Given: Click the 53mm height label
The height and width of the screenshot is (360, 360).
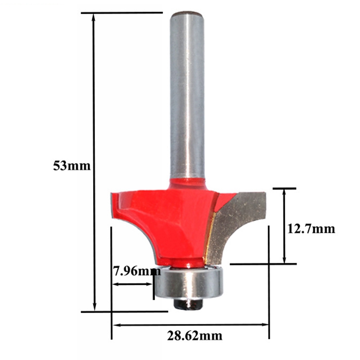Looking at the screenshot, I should [x=72, y=166].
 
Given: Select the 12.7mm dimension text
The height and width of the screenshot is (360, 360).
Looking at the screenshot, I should [x=311, y=229].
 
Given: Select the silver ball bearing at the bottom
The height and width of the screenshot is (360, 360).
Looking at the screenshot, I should [x=189, y=281].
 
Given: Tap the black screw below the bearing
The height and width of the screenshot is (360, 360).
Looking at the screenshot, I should [x=189, y=304].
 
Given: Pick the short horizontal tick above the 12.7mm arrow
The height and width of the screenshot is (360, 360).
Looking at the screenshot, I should [x=284, y=188].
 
